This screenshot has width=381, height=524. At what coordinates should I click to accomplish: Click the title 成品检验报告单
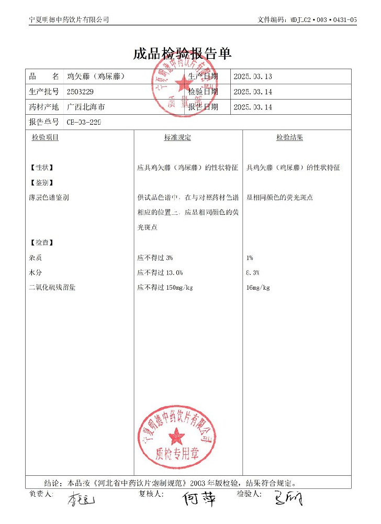183,53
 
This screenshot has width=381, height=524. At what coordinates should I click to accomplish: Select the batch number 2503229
81,92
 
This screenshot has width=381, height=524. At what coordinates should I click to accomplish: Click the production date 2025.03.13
253,77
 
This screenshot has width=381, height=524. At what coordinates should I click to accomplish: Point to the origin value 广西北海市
86,107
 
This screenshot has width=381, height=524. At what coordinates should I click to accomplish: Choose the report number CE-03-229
84,122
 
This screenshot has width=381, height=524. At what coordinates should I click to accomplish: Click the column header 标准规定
177,137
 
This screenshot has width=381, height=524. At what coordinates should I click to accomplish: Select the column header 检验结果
289,137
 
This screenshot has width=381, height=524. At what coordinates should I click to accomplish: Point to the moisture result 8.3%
252,273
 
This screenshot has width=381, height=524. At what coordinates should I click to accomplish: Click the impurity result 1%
249,258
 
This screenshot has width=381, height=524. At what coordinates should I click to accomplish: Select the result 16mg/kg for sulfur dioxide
257,288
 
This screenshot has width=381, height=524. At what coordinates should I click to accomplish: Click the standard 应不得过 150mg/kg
165,288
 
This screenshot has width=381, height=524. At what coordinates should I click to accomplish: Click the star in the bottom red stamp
177,434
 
